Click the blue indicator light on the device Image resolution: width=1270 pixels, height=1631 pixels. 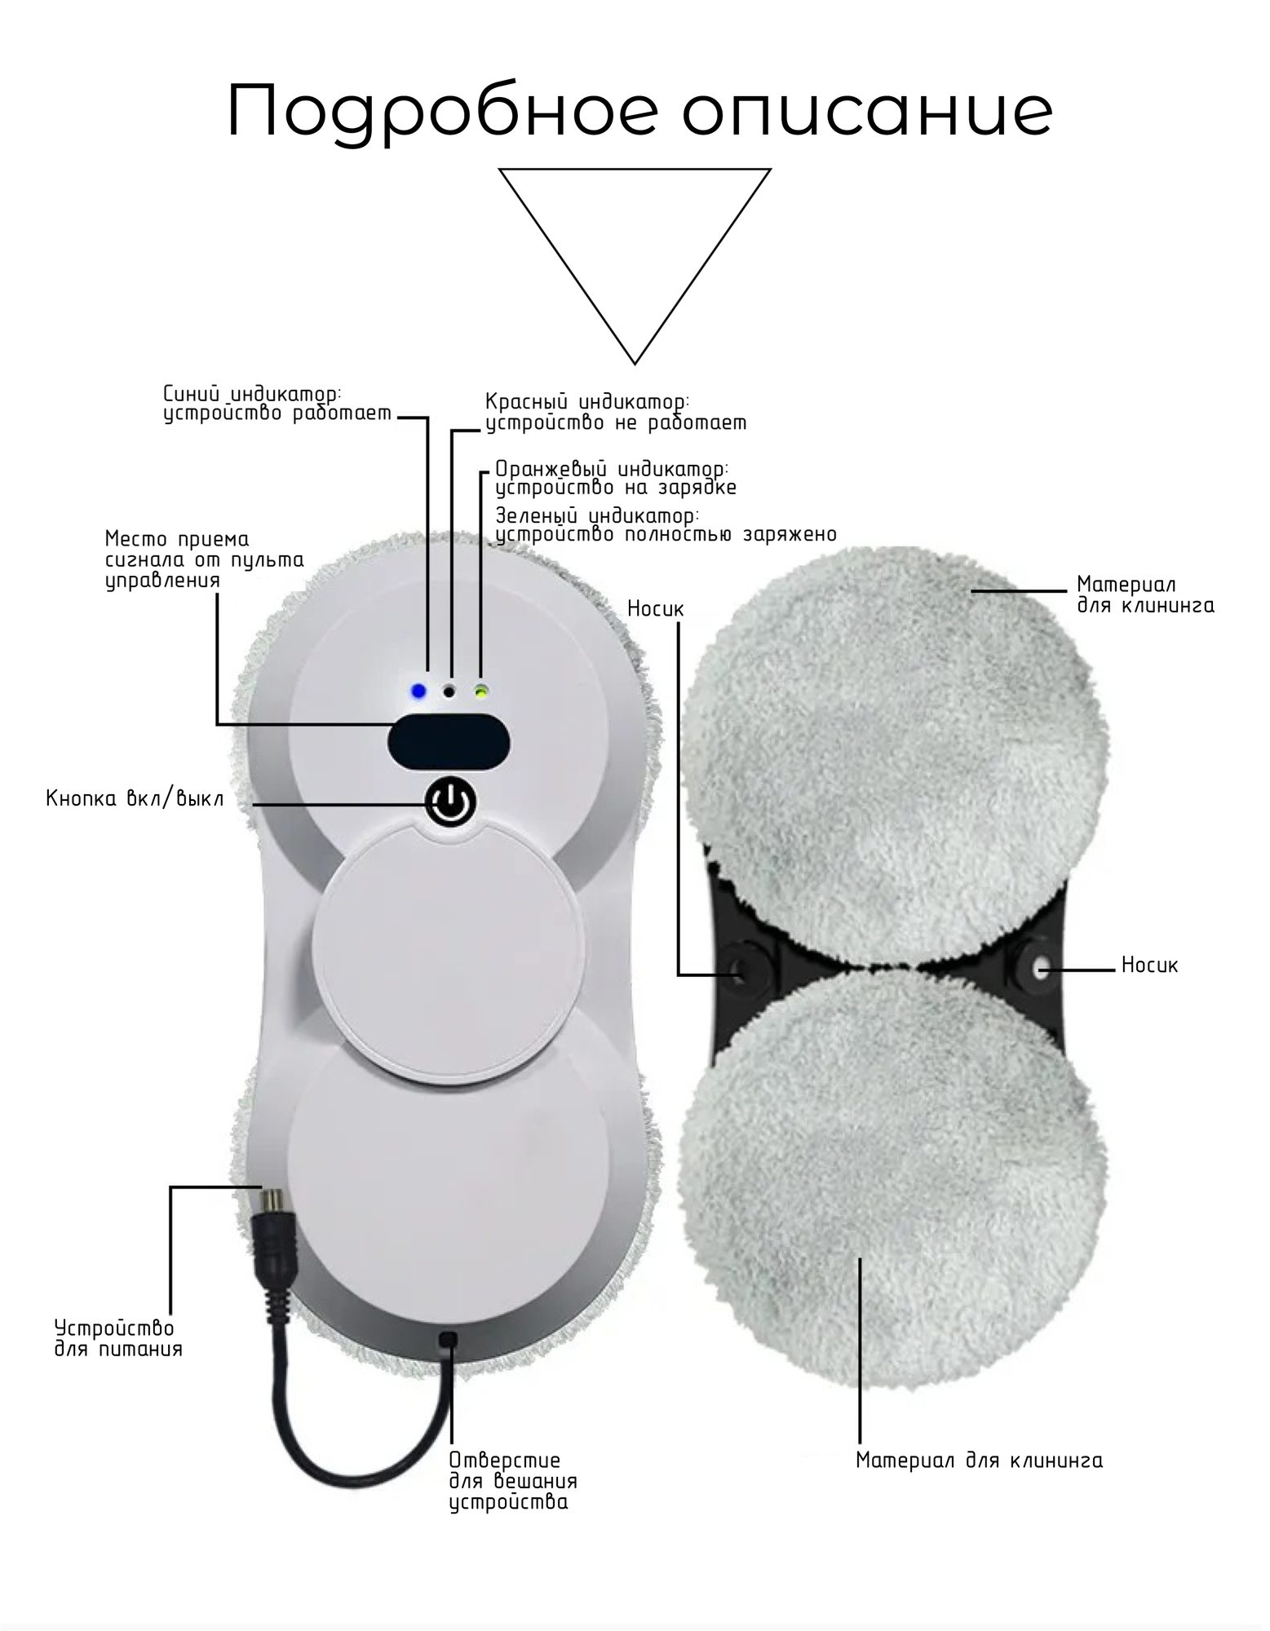click(418, 692)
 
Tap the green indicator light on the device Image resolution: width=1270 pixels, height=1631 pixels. click(482, 692)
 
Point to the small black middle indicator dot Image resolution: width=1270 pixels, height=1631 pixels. click(449, 692)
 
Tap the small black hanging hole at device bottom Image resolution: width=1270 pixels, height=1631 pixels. click(447, 1339)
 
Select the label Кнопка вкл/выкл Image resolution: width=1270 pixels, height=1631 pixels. click(135, 798)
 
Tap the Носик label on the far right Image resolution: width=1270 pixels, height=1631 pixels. click(1149, 966)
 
